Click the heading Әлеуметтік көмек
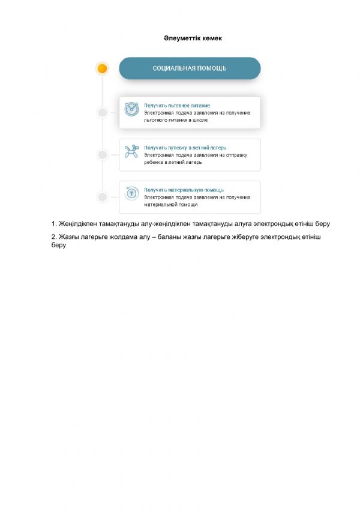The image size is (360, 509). click(193, 38)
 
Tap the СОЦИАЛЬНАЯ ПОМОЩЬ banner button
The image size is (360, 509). click(190, 68)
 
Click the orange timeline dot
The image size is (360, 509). click(102, 68)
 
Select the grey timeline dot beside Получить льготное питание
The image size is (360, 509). click(103, 112)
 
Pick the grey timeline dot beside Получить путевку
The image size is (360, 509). click(103, 155)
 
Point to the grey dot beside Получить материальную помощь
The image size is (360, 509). click(103, 197)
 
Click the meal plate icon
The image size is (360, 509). click(131, 109)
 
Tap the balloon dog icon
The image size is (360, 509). click(131, 151)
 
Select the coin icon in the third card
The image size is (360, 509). click(131, 193)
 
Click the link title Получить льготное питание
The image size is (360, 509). click(177, 105)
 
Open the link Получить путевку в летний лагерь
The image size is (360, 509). click(185, 147)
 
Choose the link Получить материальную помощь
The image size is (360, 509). click(184, 190)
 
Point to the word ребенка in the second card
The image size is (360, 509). click(154, 162)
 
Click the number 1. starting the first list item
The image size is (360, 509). click(55, 224)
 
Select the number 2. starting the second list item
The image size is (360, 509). click(55, 238)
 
